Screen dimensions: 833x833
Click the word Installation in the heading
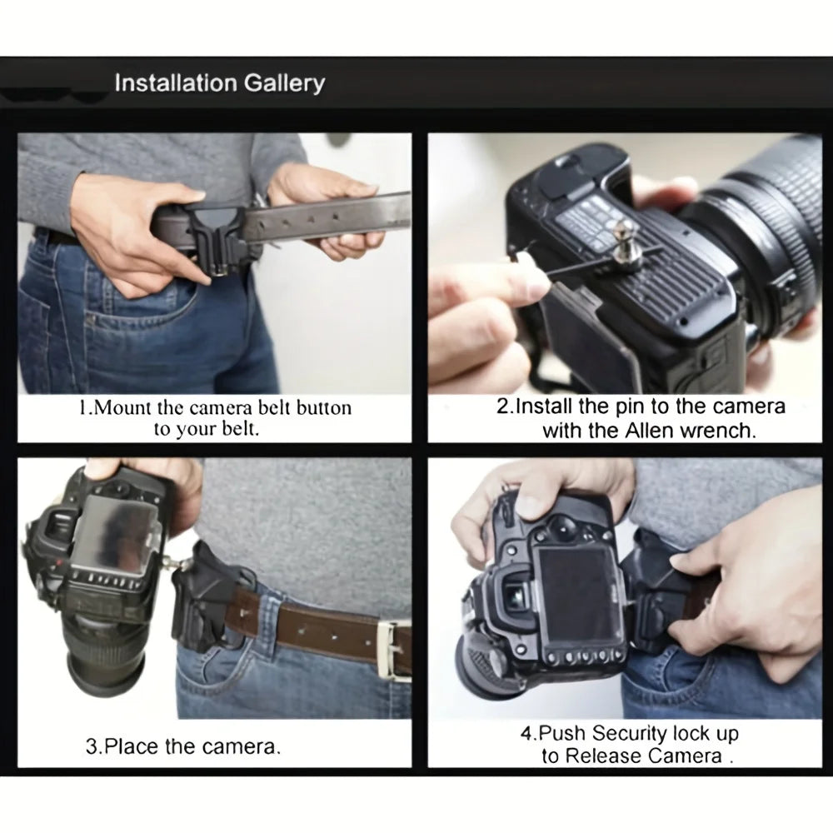click(175, 83)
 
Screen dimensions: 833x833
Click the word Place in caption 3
click(133, 746)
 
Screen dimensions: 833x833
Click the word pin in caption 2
click(635, 407)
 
